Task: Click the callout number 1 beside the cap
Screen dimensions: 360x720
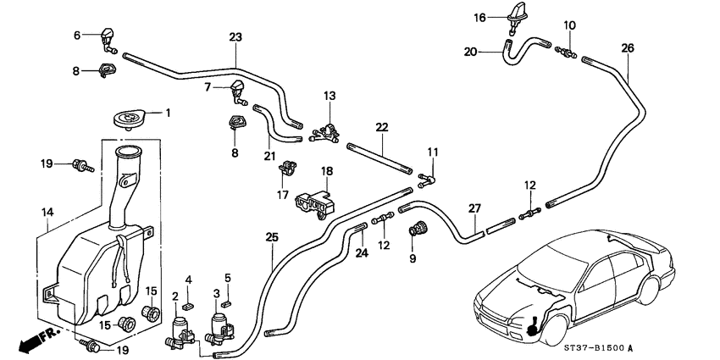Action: click(x=167, y=113)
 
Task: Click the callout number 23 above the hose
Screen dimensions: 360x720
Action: click(x=235, y=37)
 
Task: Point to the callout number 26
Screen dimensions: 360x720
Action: click(x=627, y=48)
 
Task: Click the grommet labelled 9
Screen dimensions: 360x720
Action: click(x=417, y=228)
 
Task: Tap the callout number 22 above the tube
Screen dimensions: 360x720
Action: click(x=382, y=127)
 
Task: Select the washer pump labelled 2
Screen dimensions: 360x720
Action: click(x=180, y=329)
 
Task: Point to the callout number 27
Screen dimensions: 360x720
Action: click(x=474, y=209)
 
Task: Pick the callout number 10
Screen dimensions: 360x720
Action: click(x=569, y=25)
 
